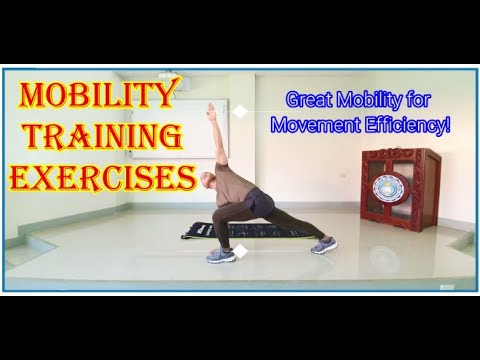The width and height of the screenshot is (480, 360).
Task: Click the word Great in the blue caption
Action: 310,100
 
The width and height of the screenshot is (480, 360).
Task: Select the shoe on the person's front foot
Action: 220,254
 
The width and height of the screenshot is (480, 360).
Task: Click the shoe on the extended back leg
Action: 324,244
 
